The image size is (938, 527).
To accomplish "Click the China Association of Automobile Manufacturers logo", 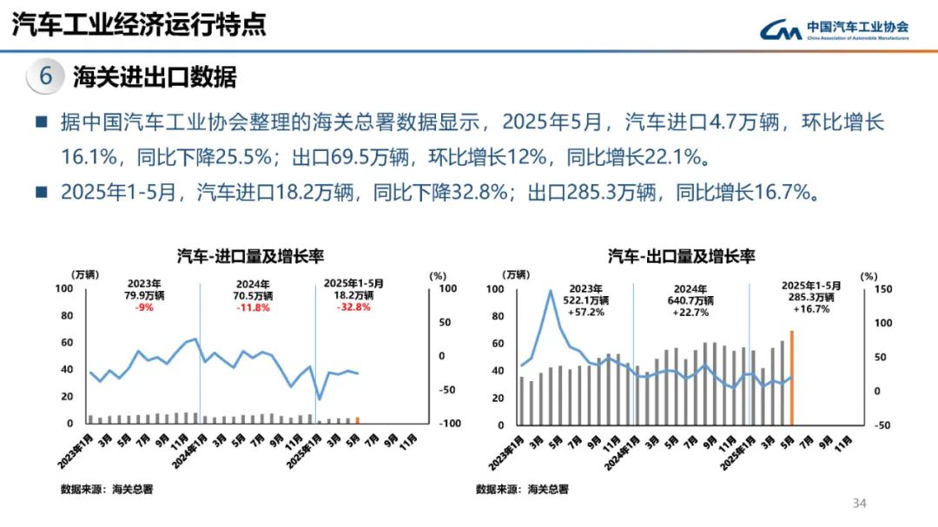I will point(834,30).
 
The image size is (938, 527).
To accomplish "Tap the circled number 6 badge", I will point(46,76).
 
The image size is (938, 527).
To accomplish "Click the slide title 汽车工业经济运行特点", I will point(138,24).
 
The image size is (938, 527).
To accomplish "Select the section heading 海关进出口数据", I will point(155,76).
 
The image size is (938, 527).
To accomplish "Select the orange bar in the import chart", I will point(357,420).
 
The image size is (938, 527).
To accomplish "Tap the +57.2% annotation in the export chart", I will point(586,312).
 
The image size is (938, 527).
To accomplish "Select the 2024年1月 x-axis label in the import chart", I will point(188,450).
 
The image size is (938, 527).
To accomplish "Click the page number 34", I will point(860,504).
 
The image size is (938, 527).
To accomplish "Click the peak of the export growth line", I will point(550,291).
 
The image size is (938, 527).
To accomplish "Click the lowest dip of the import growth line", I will point(319,399).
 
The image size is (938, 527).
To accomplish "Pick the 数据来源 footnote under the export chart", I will point(522,490).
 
